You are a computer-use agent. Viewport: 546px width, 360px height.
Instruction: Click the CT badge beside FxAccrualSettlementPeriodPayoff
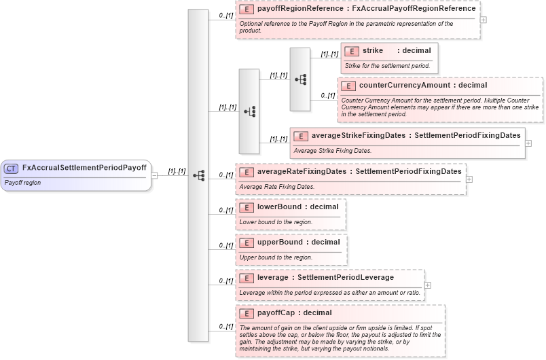[12, 168]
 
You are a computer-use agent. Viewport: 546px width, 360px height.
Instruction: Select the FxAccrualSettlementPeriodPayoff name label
[84, 168]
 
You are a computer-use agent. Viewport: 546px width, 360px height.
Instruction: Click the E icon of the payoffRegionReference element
[247, 10]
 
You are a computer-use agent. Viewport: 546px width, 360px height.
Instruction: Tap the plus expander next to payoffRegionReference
[483, 20]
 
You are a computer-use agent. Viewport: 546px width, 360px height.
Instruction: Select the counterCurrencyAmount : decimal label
[422, 86]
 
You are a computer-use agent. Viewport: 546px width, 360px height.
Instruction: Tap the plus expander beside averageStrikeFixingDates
[528, 143]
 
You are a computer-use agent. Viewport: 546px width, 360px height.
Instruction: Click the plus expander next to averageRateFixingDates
[469, 179]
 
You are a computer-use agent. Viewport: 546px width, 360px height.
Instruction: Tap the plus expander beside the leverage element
[427, 285]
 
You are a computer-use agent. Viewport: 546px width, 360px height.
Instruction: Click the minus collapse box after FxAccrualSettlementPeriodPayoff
[154, 175]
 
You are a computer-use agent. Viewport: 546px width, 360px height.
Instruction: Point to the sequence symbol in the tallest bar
[198, 175]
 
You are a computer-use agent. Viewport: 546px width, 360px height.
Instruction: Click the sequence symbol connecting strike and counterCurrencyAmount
[300, 79]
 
